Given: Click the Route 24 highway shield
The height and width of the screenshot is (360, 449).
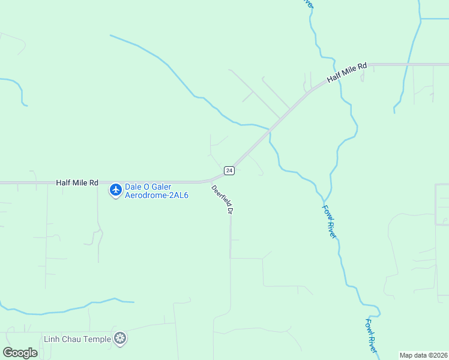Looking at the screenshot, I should coord(229,170).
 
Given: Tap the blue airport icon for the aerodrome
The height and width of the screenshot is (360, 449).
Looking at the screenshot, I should coord(115,190).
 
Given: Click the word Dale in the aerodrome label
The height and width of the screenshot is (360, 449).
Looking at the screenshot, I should coord(133,187).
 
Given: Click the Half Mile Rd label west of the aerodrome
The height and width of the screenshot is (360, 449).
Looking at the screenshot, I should coord(77,182).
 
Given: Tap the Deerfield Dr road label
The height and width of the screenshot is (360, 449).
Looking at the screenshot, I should coord(221,199).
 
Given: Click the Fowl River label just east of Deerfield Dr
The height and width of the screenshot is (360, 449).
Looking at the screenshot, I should coord(329,221).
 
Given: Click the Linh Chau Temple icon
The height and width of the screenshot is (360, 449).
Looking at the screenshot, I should coord(121,339).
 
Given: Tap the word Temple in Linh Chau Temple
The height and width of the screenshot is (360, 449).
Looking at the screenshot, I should coord(98,339).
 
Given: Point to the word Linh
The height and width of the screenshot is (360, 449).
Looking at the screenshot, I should coord(52,339).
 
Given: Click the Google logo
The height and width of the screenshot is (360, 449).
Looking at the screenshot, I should coord(20,352).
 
